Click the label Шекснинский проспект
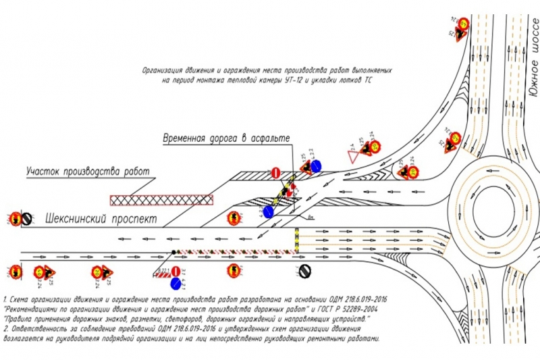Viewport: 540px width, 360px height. tap(101, 220)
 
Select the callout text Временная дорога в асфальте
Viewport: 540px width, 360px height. tap(226, 138)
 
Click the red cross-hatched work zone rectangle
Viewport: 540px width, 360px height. tap(161, 199)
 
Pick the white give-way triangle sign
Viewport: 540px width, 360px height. tap(352, 156)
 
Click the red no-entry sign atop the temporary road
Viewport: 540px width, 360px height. tap(275, 173)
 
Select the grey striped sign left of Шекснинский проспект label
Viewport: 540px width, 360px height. tap(26, 218)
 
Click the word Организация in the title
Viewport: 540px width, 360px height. tap(162, 70)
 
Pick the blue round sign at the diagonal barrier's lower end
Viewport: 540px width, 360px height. tap(269, 212)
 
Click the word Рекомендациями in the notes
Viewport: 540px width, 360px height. tap(34, 307)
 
